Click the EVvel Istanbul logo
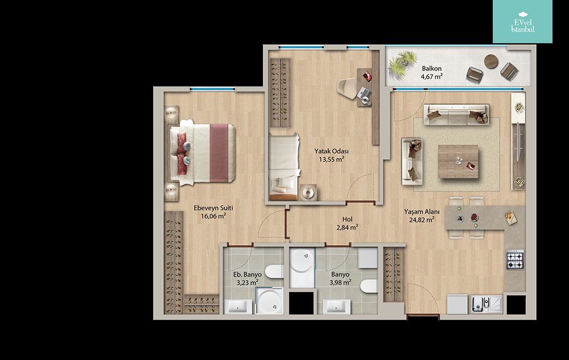pos(522,22)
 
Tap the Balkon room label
pos(431,68)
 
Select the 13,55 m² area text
pos(332,159)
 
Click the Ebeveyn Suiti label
pos(213,208)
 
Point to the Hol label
pos(347,220)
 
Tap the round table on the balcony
pos(491,61)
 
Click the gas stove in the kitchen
pos(515,259)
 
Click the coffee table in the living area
pos(458,162)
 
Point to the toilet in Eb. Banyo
pos(274,271)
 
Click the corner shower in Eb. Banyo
pos(270,300)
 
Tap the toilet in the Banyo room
pos(369,286)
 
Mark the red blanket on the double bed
pos(219,153)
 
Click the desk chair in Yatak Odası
pos(348,88)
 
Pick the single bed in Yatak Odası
pos(284,167)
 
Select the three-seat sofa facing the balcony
pos(456,114)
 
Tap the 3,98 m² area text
pos(340,283)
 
